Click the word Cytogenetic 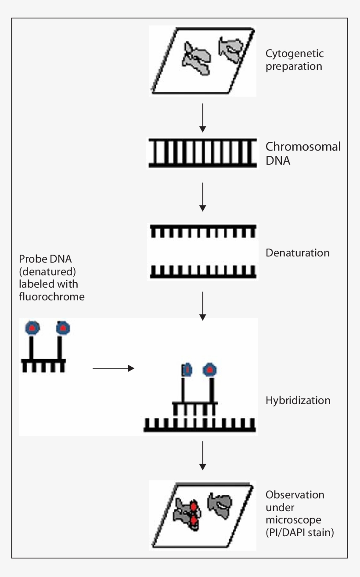point(295,54)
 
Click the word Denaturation point(297,253)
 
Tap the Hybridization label point(298,400)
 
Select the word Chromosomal point(303,147)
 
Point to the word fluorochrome point(52,296)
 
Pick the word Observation point(295,495)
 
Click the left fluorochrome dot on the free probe point(32,327)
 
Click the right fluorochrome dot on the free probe point(63,328)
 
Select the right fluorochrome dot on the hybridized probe point(210,370)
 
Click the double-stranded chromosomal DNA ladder point(202,153)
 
